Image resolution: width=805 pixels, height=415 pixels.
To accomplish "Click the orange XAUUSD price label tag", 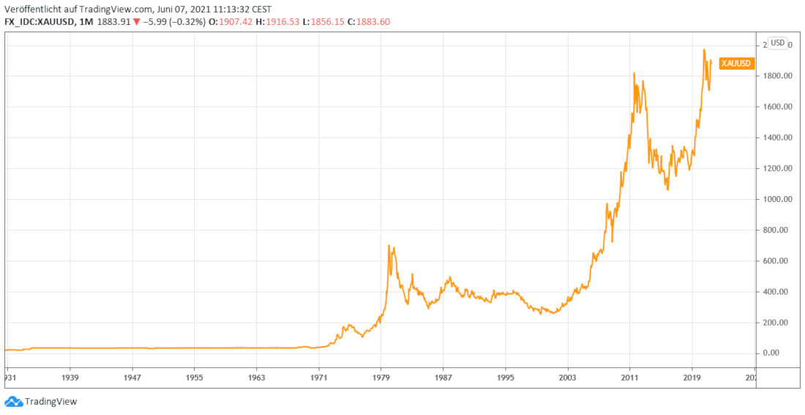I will [x=735, y=63].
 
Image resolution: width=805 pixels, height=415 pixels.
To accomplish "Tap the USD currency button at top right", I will [x=777, y=43].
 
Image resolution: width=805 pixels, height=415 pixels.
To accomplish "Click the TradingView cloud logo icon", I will [x=14, y=401].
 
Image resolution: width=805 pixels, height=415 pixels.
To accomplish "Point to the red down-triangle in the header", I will [x=137, y=22].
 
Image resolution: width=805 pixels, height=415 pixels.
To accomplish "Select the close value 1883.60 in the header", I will [x=373, y=22].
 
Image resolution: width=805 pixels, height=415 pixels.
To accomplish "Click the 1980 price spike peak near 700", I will [x=388, y=245].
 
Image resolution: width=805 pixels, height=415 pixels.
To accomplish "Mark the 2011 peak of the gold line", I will [x=634, y=72].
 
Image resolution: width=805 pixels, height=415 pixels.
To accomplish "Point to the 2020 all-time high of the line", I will [x=704, y=50].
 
